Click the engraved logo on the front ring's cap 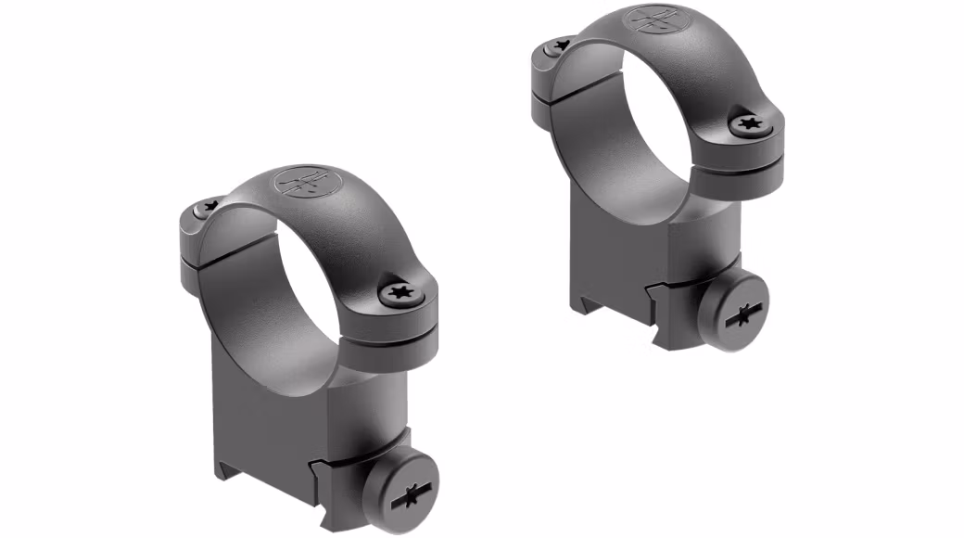pos(304,180)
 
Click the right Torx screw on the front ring pos(401,293)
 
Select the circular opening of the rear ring pos(649,121)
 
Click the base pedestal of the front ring pos(278,408)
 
